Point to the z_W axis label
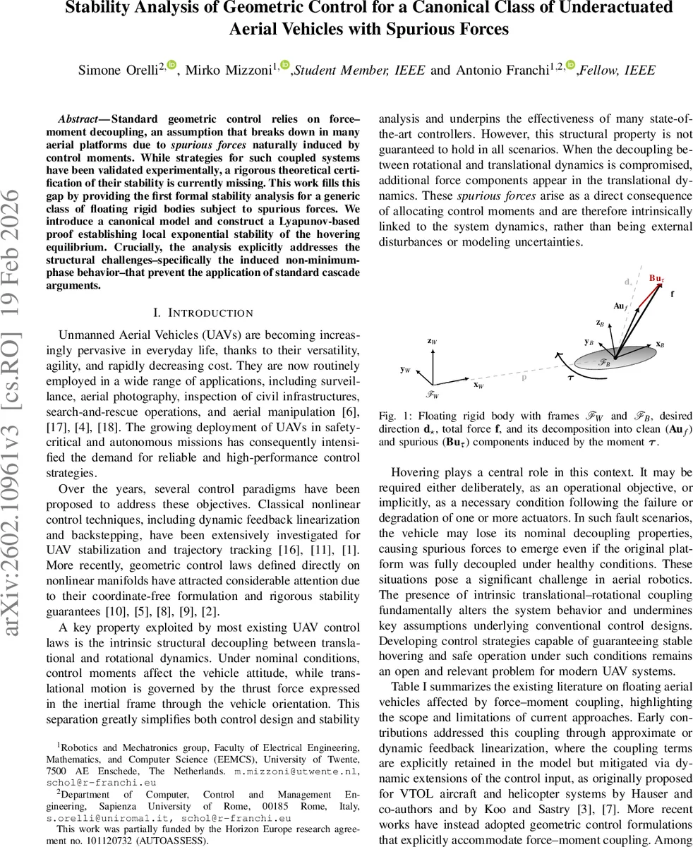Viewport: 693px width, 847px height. pyautogui.click(x=432, y=341)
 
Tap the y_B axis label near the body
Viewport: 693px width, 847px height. pyautogui.click(x=588, y=342)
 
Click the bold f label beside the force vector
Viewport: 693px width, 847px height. pyautogui.click(x=672, y=294)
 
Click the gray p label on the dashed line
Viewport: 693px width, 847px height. pyautogui.click(x=524, y=377)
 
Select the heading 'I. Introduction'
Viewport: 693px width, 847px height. pyautogui.click(x=203, y=312)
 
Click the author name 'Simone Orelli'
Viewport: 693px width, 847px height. pyautogui.click(x=119, y=70)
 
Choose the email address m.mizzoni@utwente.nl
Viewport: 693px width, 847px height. pyautogui.click(x=295, y=771)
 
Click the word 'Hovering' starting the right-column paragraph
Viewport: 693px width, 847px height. pyautogui.click(x=415, y=471)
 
